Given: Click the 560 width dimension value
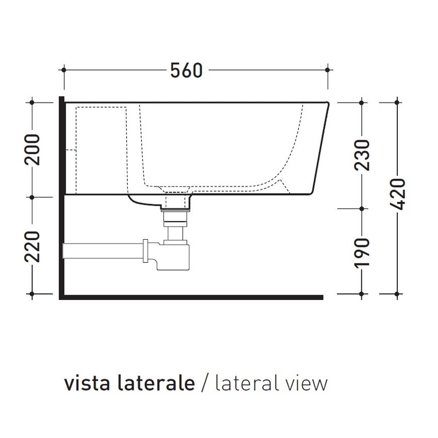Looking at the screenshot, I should click(187, 70).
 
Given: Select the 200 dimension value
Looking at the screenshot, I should click(32, 149).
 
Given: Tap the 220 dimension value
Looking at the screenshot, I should click(32, 247).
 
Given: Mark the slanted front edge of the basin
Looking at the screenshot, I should click(320, 149).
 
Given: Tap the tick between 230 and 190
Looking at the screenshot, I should click(361, 209).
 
